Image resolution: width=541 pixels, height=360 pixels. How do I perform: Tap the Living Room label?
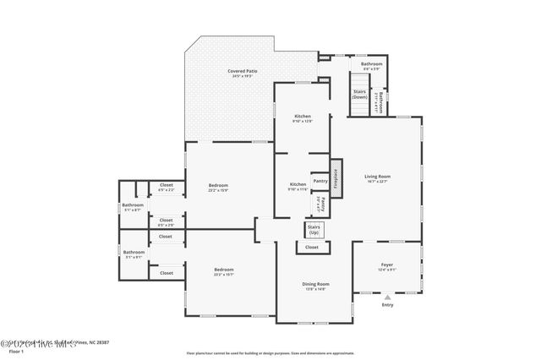tap(378, 177)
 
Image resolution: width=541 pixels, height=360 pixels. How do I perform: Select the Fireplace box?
tap(335, 179)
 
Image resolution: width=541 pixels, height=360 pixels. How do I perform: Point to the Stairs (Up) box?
tap(314, 229)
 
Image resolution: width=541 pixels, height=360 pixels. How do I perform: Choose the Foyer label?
tap(386, 265)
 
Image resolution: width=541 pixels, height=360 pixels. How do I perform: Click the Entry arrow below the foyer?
tap(387, 297)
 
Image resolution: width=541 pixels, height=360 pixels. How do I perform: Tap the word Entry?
tap(387, 305)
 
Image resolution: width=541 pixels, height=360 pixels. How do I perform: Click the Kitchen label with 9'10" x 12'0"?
tap(303, 116)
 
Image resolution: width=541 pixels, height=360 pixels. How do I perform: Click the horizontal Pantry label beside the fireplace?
tap(320, 180)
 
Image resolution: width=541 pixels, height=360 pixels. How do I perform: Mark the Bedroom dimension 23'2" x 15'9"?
tap(218, 190)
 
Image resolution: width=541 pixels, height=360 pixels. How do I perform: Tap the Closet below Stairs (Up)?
tap(312, 248)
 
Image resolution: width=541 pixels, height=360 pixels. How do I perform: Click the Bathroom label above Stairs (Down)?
tap(372, 64)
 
